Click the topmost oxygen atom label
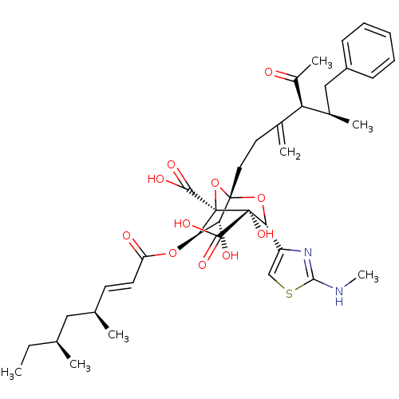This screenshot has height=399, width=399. pyautogui.click(x=269, y=73)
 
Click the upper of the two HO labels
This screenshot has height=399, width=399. pyautogui.click(x=156, y=179)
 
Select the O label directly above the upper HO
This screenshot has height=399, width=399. pyautogui.click(x=171, y=164)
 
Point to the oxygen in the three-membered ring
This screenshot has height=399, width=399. pyautogui.click(x=215, y=183)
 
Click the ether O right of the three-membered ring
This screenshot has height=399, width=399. pyautogui.click(x=262, y=198)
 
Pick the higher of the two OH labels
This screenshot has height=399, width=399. pyautogui.click(x=265, y=234)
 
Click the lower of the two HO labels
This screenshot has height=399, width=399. pyautogui.click(x=183, y=224)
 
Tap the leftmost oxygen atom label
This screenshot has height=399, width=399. pyautogui.click(x=126, y=235)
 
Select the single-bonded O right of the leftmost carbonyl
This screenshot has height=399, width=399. pyautogui.click(x=172, y=254)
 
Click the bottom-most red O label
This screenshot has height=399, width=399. pyautogui.click(x=202, y=265)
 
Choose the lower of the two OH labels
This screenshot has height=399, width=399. pyautogui.click(x=230, y=256)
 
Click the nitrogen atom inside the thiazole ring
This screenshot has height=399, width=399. pyautogui.click(x=307, y=255)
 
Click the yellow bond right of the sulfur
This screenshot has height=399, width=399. pyautogui.click(x=300, y=288)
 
